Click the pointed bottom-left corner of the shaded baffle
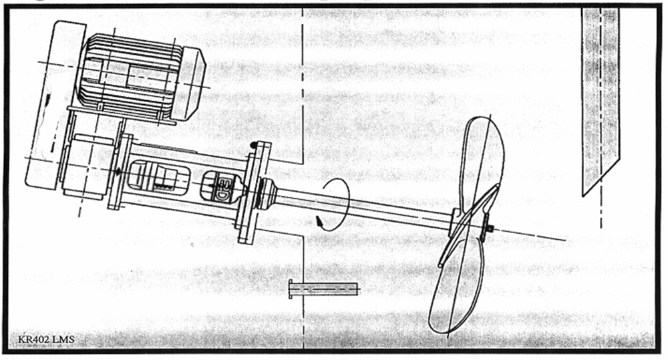point(582,196)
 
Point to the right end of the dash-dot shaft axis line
point(566,240)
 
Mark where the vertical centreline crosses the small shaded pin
point(303,289)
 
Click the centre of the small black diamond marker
point(118,171)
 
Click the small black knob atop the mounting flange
point(254,144)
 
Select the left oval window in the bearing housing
point(158,175)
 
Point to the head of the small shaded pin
point(291,289)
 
